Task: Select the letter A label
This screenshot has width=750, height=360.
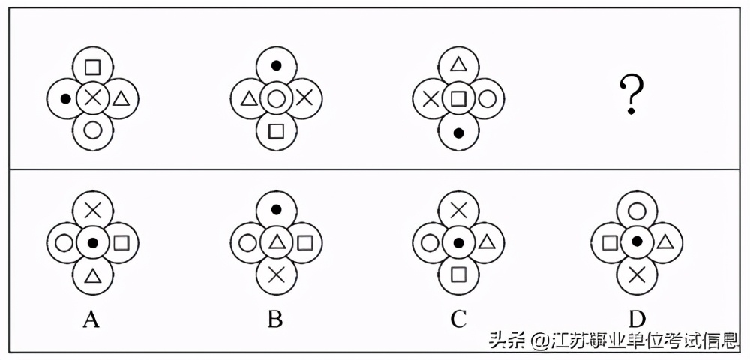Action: [x=91, y=319]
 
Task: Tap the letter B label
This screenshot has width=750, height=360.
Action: [x=275, y=319]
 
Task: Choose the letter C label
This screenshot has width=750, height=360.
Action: [x=458, y=319]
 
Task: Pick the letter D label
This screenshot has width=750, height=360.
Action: [x=637, y=319]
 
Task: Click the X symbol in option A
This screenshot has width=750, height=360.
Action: [x=92, y=211]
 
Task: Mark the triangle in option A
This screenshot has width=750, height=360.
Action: [x=92, y=275]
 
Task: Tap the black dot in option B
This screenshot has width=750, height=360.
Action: [x=276, y=210]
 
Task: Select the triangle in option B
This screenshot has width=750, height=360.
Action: [x=276, y=241]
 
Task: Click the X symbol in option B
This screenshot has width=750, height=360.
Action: [x=276, y=274]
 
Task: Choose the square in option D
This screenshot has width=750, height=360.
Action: [x=610, y=242]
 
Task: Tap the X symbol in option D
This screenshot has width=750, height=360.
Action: [x=637, y=274]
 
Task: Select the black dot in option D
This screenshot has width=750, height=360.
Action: [x=637, y=241]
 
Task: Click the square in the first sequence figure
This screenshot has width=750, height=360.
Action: [x=92, y=65]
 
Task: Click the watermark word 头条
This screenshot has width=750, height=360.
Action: [x=505, y=341]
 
